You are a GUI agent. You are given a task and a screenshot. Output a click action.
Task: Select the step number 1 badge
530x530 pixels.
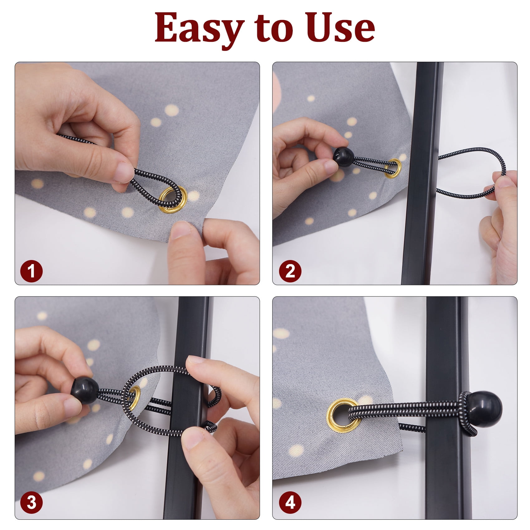(31, 271)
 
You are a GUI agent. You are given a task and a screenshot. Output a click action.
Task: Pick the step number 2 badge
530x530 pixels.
(290, 271)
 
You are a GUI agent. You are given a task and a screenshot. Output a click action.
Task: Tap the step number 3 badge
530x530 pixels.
(31, 503)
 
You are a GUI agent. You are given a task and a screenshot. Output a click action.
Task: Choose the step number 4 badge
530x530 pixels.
(290, 503)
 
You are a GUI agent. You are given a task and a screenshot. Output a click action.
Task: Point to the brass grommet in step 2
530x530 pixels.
(392, 169)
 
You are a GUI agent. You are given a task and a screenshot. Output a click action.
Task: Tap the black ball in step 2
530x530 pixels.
(344, 157)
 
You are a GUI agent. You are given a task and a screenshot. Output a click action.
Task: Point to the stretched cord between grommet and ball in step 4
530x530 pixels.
(405, 410)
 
